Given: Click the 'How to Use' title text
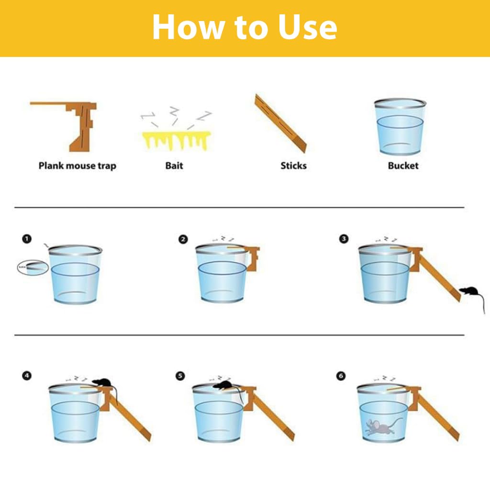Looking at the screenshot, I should (x=245, y=27).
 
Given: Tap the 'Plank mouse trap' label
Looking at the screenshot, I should (x=77, y=166).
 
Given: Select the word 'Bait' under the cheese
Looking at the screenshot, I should (x=174, y=166).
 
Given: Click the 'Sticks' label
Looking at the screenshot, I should (x=293, y=166).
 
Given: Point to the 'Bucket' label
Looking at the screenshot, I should (x=403, y=166).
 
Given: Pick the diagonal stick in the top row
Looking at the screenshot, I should (x=281, y=123).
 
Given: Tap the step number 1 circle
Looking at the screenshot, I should (x=27, y=238).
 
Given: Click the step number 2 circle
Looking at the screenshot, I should (x=183, y=239).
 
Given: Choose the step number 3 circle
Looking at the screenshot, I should (x=344, y=239).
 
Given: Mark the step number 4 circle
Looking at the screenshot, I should (x=27, y=376).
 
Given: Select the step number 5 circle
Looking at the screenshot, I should (x=180, y=376).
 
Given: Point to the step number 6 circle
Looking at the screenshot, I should (x=341, y=376).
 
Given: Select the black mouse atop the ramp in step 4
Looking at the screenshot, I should (x=101, y=382).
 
